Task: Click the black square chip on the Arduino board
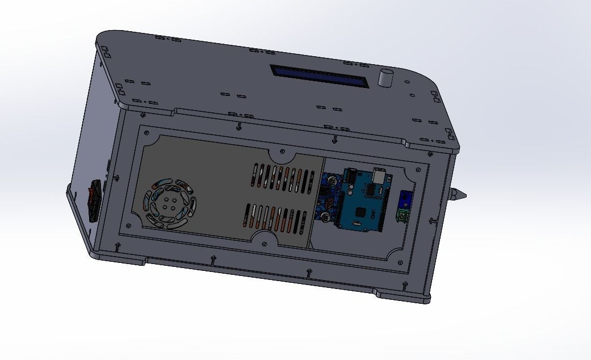[360, 213]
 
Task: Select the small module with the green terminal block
[405, 207]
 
